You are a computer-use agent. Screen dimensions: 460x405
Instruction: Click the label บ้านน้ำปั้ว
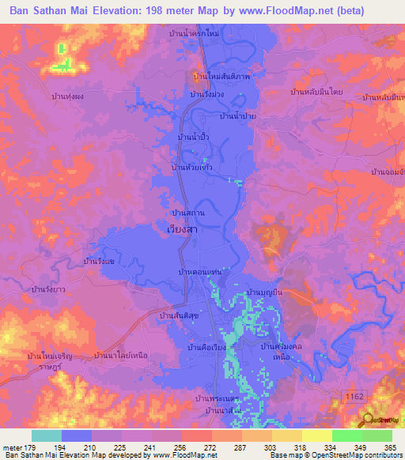pos(194,138)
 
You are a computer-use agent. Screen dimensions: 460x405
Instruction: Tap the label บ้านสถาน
pos(189,213)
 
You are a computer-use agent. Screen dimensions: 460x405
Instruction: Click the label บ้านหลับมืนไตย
pos(316,92)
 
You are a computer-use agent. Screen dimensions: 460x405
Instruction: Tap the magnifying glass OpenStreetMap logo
pos(366,420)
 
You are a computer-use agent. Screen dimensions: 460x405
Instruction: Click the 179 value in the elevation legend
pos(32,447)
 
